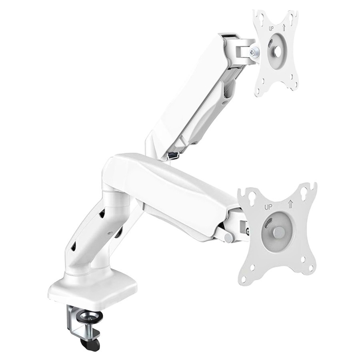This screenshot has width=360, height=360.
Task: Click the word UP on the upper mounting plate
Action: click(x=271, y=29)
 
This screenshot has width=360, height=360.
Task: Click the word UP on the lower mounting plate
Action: click(x=268, y=208)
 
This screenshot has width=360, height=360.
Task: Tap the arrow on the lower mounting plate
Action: click(x=290, y=204)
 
